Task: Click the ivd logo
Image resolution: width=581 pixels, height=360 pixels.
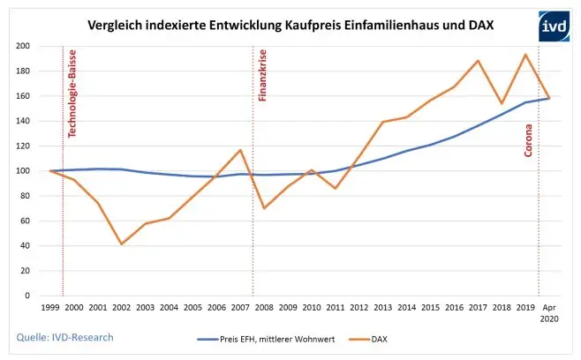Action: [x=554, y=26]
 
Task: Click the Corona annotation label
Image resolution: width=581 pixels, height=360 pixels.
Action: [x=529, y=139]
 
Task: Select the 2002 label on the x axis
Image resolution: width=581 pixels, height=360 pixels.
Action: [x=121, y=309]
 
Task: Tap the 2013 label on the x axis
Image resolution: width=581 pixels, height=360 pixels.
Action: [x=382, y=309]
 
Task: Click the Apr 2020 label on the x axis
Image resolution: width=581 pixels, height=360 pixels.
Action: [x=548, y=314]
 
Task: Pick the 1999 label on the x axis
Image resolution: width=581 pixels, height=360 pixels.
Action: [x=50, y=309]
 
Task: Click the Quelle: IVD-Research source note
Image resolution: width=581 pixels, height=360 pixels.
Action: [x=64, y=336]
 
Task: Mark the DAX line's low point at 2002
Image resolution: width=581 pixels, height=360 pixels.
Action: [x=121, y=244]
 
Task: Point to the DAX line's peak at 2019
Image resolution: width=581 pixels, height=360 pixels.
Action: [x=525, y=55]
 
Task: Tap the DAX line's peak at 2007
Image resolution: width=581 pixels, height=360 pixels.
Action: [x=240, y=150]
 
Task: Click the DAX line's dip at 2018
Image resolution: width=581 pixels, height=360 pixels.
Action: [x=502, y=103]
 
